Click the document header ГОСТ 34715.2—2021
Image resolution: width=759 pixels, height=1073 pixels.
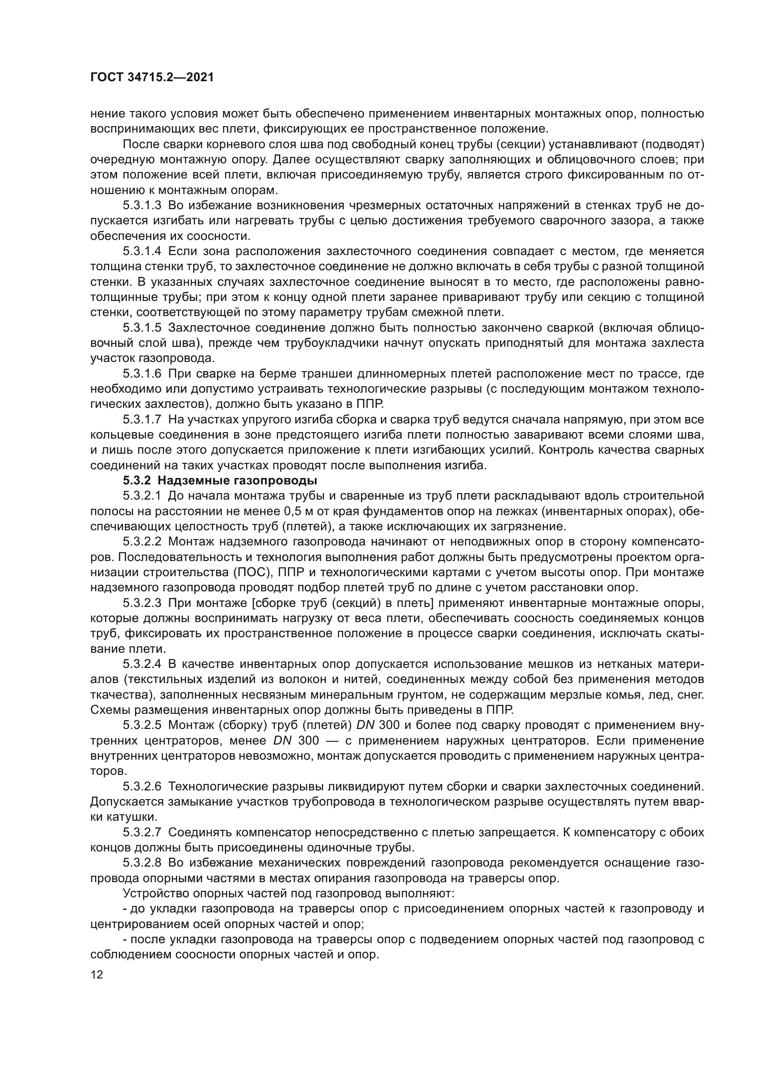tap(152, 78)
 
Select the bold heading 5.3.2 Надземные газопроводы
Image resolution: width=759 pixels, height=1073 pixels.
tap(220, 480)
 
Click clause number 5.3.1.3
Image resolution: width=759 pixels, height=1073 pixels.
tap(142, 206)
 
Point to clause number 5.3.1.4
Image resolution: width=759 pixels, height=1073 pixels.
tap(142, 251)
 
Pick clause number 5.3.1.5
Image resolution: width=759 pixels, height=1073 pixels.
tap(142, 328)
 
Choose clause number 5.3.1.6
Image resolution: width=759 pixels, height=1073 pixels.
tap(142, 374)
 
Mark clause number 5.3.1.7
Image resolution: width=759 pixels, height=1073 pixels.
tap(142, 420)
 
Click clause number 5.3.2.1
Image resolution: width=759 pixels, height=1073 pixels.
tap(142, 495)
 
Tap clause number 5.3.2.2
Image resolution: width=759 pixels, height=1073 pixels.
tap(142, 542)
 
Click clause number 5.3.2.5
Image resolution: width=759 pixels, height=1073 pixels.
tap(142, 725)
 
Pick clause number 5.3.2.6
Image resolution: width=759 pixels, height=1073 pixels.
tap(142, 787)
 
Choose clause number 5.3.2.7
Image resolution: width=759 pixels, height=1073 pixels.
tap(142, 832)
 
